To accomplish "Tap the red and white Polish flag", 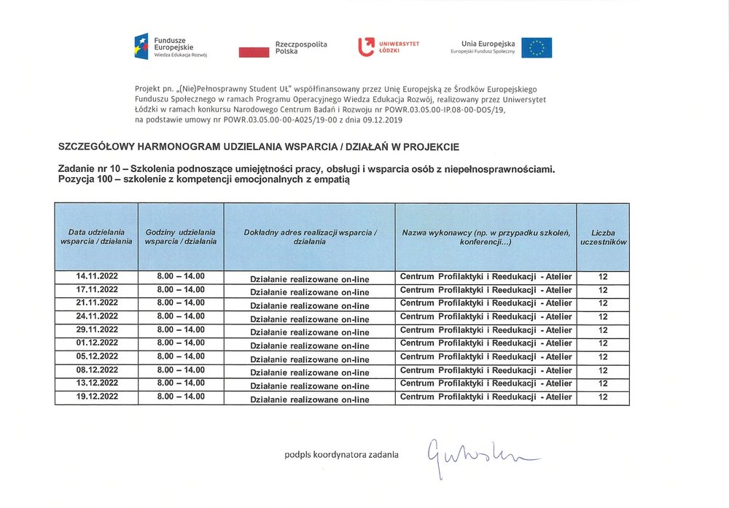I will [254, 51].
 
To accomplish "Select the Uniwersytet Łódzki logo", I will [389, 47].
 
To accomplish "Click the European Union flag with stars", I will [537, 47].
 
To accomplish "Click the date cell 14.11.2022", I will [97, 276].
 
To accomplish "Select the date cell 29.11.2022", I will [97, 329].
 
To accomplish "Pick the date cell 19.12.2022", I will [97, 396].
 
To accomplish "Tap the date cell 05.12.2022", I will [97, 356].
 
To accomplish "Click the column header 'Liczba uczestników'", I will [603, 237].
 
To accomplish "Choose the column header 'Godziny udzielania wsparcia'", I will [181, 237].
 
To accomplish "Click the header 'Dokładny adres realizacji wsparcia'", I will [310, 237].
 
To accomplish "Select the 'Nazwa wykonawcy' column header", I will [486, 237].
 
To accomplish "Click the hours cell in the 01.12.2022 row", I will [181, 343].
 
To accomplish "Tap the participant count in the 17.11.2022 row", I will [603, 290].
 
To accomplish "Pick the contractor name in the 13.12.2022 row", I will [486, 383].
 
